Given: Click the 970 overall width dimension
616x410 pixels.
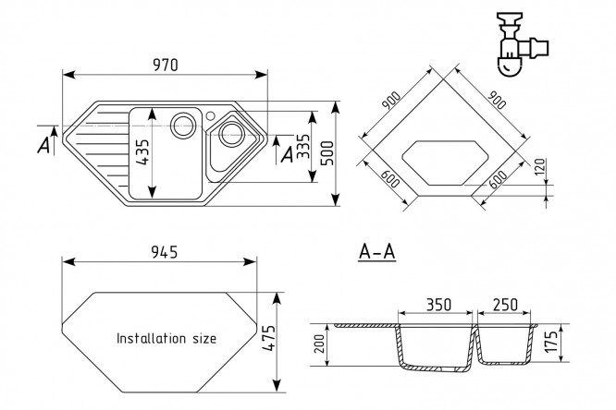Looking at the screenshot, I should [x=166, y=65].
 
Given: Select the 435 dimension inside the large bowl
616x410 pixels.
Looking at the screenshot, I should [x=142, y=151].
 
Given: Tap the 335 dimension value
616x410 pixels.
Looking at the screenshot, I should [x=302, y=150].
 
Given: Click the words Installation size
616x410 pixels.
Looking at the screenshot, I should [x=166, y=339].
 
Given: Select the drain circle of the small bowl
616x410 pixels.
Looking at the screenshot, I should [x=228, y=137].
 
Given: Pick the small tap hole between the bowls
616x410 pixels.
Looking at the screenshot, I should [x=212, y=116].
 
